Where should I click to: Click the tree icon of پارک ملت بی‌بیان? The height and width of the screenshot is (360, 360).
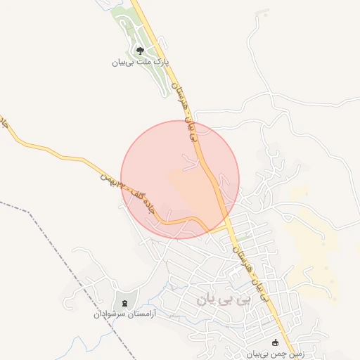point(139,51)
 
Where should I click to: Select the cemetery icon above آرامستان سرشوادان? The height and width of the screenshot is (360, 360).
point(125,303)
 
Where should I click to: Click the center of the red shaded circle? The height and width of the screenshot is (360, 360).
point(180,180)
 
